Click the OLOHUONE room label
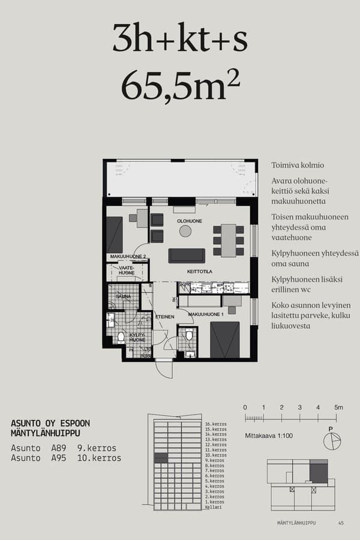pos(189,221)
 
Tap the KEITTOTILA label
pos(200,271)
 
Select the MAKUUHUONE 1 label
pos(206,314)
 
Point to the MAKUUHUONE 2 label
pos(128,257)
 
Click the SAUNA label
pos(123,296)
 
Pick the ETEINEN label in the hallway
pos(164,317)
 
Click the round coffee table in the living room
pos(185,231)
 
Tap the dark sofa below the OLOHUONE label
pos(187,256)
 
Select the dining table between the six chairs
pos(228,240)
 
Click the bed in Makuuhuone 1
pos(225,340)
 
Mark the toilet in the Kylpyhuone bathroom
pos(121,337)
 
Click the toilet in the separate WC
pos(189,335)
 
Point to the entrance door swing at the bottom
pos(164,368)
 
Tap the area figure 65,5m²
pos(180,86)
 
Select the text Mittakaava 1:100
pos(269,436)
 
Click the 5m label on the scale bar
pos(338,407)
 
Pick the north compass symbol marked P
pos(331,440)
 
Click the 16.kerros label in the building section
pos(215,424)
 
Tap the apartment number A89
pos(58,448)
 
